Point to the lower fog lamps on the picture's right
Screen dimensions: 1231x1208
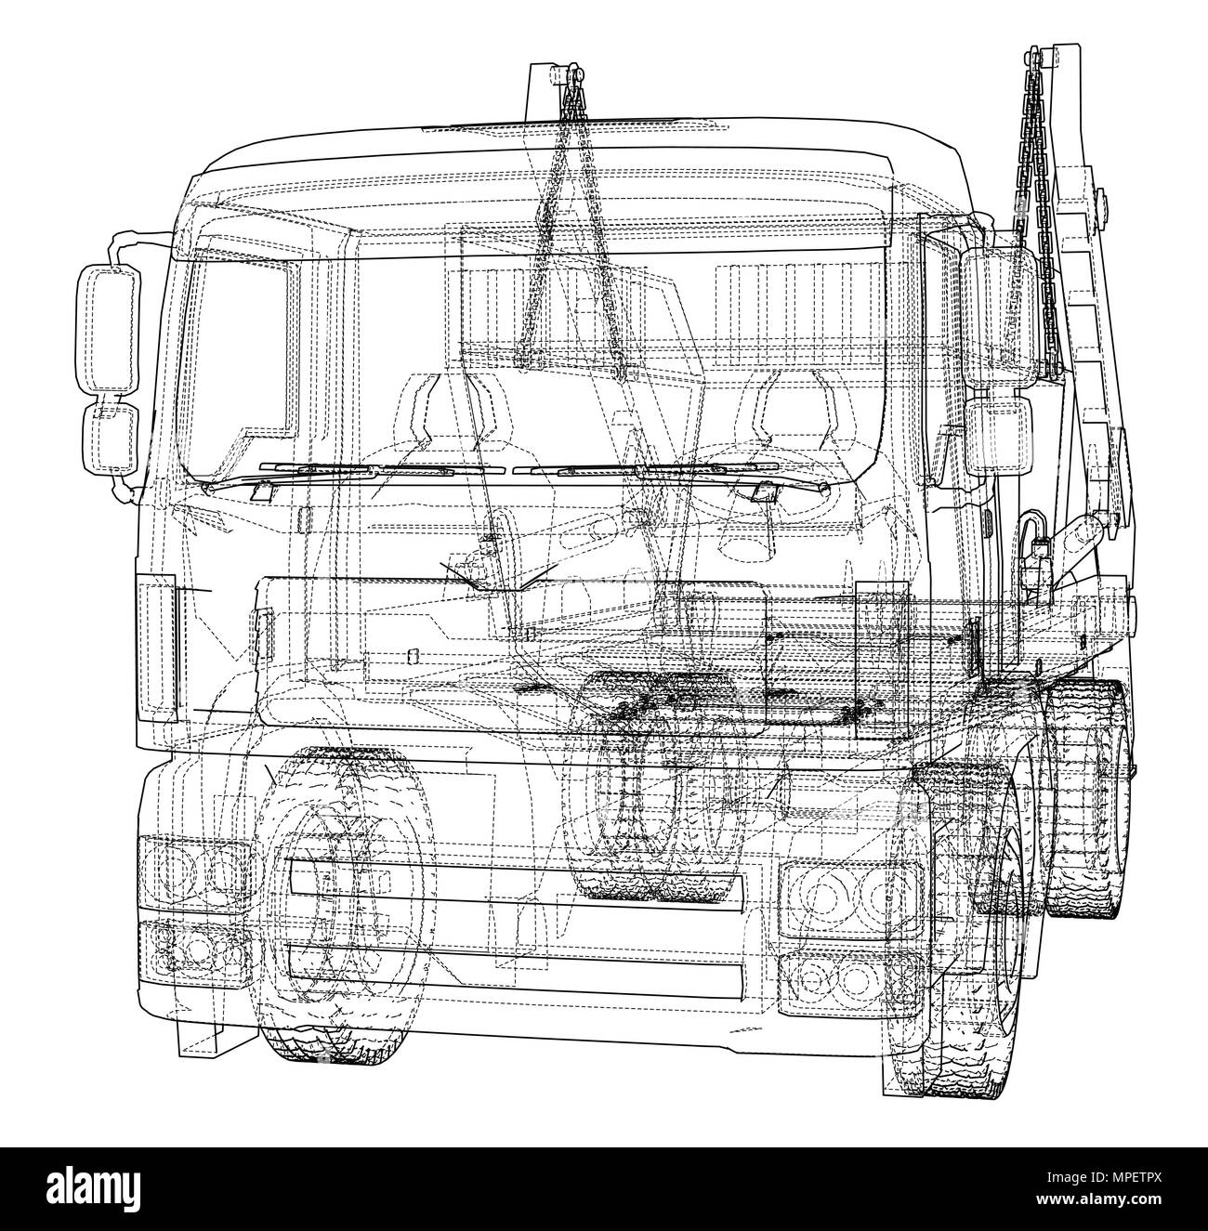coord(827,976)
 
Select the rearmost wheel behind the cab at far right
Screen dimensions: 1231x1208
coord(1096,799)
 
